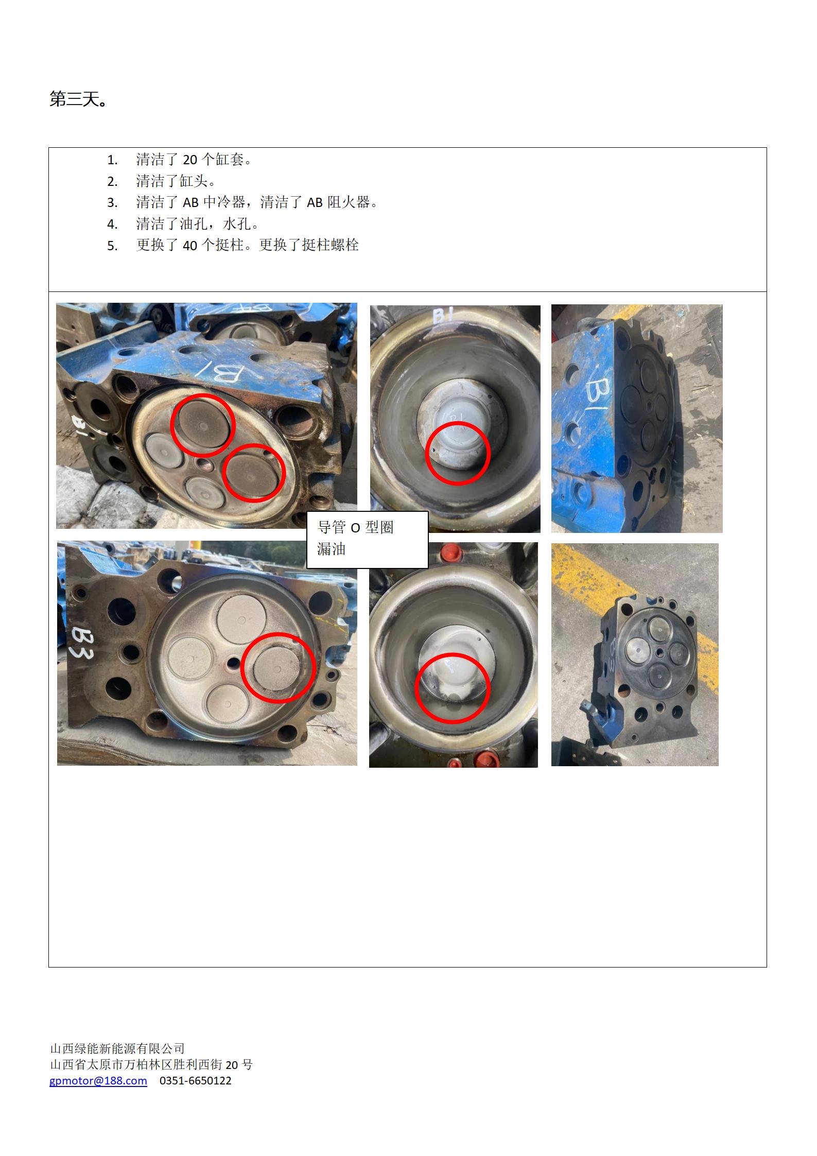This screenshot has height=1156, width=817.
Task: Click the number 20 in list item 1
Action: click(190, 160)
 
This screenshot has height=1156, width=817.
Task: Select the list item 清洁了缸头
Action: click(175, 181)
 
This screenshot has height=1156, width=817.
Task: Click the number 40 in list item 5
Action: click(190, 246)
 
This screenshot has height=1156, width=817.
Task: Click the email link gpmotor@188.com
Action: click(98, 1080)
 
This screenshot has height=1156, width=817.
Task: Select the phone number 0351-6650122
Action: click(196, 1080)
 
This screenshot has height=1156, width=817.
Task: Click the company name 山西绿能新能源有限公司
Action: click(117, 1048)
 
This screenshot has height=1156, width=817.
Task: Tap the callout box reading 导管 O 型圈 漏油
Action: click(368, 540)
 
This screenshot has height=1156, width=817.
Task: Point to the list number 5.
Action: click(112, 246)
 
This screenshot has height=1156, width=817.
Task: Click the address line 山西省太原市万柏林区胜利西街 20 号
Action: click(151, 1064)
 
